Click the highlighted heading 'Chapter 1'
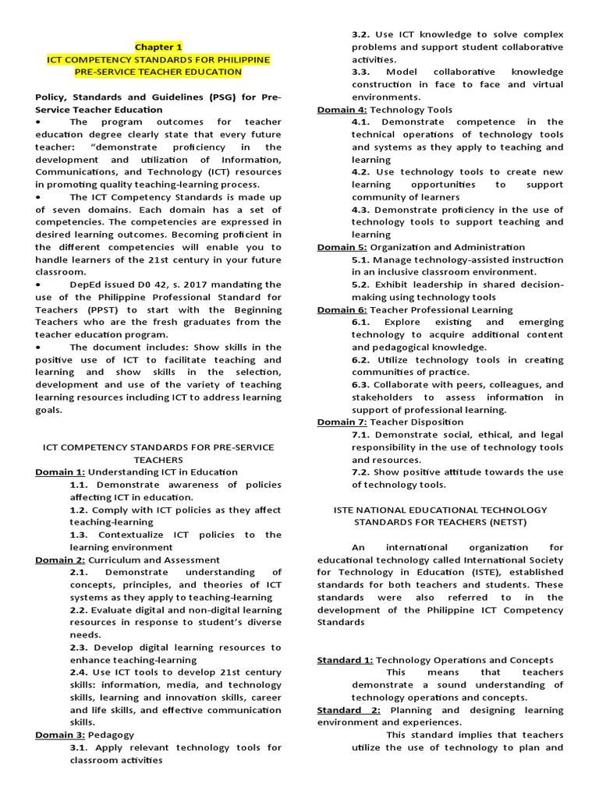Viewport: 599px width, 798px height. coord(158,47)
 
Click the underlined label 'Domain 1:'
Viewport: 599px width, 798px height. coord(60,472)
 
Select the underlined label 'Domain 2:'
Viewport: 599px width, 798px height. coord(60,560)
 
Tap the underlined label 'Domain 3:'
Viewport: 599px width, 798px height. coord(60,735)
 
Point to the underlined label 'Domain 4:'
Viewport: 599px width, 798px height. coord(342,110)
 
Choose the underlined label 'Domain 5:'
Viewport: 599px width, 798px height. coord(342,247)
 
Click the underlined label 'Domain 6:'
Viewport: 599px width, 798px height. coord(342,309)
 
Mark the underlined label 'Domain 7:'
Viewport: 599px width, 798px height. coord(342,422)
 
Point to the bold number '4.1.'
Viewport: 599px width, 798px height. coord(363,122)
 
